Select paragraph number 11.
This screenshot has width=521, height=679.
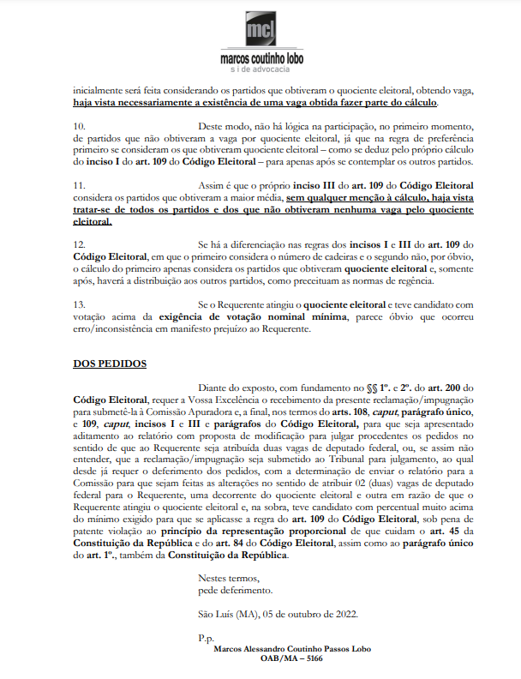point(80,184)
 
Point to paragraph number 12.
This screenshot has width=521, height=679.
point(80,243)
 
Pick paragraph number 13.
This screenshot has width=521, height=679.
point(80,303)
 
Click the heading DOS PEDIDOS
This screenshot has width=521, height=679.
point(110,363)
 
